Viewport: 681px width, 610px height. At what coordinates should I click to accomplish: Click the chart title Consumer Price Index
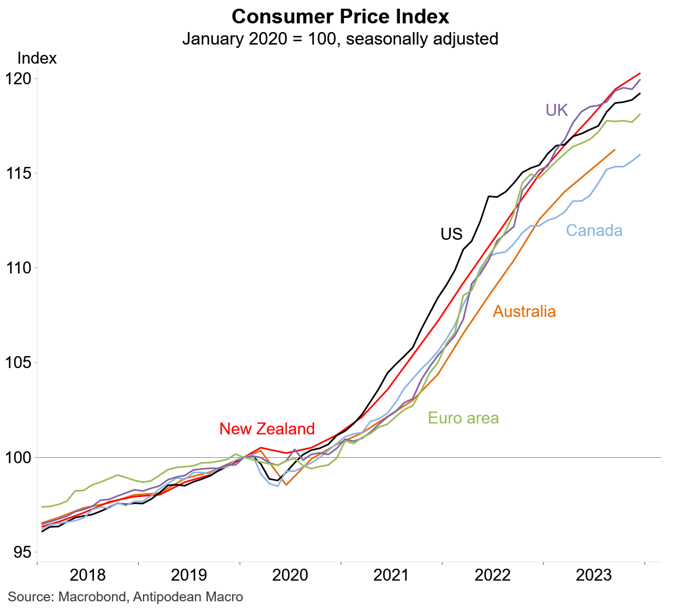tap(340, 16)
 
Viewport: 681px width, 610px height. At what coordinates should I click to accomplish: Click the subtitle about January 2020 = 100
tap(340, 39)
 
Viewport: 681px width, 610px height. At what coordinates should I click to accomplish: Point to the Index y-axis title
tap(37, 58)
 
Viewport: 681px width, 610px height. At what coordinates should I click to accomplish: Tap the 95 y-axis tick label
tap(26, 552)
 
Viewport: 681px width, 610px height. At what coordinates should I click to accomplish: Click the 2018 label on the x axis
tap(88, 575)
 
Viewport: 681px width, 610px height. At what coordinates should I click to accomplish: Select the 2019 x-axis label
tap(189, 575)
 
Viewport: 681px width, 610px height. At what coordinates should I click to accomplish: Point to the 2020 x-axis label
tap(290, 575)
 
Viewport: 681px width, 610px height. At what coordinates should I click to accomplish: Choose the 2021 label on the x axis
tap(391, 575)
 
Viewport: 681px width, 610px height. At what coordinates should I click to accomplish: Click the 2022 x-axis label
tap(492, 575)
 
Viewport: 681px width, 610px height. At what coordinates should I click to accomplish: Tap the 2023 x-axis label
tap(593, 575)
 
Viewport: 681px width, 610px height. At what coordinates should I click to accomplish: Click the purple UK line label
tap(557, 110)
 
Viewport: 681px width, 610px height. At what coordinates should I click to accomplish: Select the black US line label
tap(451, 234)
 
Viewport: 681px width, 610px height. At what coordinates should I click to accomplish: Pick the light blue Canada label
tap(594, 231)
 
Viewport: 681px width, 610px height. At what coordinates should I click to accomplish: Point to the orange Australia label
tap(524, 312)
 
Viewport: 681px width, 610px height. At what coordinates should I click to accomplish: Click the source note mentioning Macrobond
tap(126, 597)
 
